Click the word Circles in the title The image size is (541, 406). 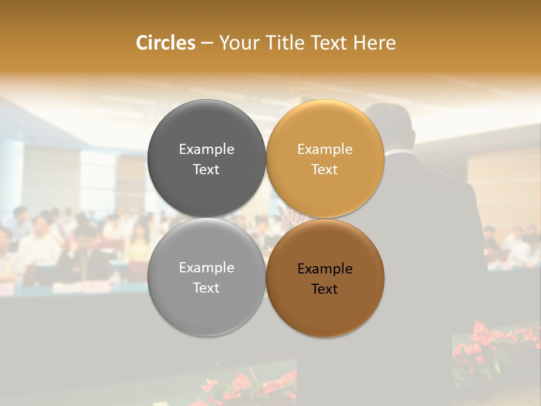166,43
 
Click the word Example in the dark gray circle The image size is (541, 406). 206,149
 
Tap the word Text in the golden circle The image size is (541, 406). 325,169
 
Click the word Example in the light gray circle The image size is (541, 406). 206,267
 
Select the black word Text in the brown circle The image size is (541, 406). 325,289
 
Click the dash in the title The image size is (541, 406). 207,43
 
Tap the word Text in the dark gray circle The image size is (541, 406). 206,169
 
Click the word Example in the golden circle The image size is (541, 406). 325,149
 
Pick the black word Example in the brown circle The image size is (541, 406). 325,268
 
